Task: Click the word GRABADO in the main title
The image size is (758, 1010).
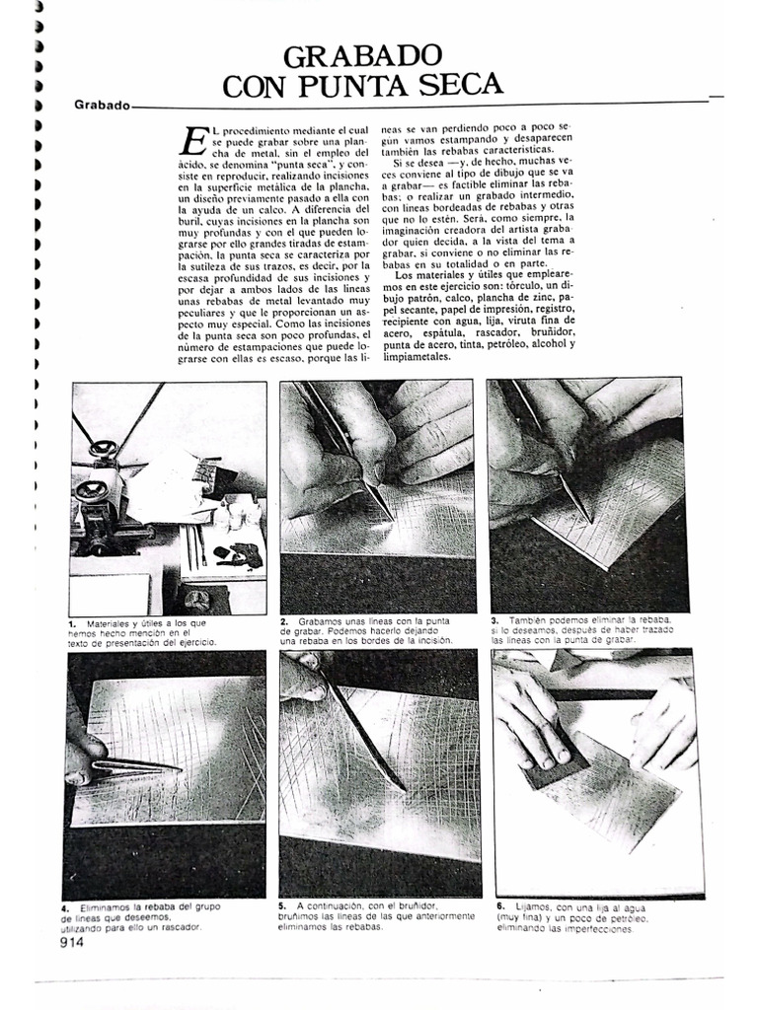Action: click(x=362, y=55)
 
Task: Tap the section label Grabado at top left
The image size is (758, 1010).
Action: click(x=102, y=105)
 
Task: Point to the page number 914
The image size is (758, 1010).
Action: click(x=72, y=942)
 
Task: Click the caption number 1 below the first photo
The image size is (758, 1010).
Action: click(x=72, y=624)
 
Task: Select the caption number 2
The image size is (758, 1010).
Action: click(x=283, y=621)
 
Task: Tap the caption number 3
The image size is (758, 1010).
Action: click(x=494, y=618)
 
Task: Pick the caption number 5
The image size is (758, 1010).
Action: click(x=282, y=904)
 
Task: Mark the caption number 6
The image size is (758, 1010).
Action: click(x=500, y=904)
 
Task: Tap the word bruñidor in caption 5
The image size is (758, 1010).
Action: click(x=411, y=904)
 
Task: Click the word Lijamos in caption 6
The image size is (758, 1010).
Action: click(x=532, y=904)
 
